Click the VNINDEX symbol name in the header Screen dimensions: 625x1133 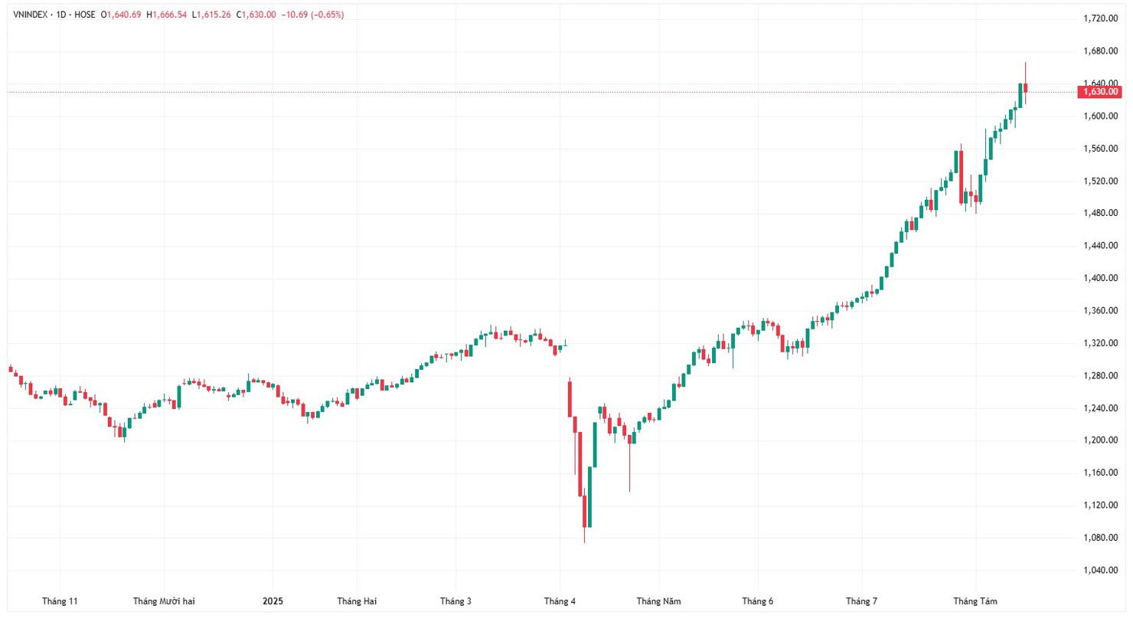31,15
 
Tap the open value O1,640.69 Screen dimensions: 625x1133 122,15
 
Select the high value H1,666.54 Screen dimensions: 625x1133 167,15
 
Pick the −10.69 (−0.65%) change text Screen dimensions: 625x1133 312,15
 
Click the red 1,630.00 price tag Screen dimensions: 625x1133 1099,92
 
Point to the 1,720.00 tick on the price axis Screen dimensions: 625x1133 1100,18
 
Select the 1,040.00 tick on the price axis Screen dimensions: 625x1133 1100,570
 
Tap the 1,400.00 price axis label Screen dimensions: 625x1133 1100,278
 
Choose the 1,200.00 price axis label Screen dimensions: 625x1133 1100,440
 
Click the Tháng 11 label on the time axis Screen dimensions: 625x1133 60,601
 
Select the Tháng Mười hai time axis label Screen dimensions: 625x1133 164,601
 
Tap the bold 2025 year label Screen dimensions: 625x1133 273,601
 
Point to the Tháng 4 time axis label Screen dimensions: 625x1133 560,601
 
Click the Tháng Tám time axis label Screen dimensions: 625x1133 975,601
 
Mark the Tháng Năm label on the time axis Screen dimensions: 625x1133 658,601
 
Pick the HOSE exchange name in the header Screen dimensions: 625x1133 85,15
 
